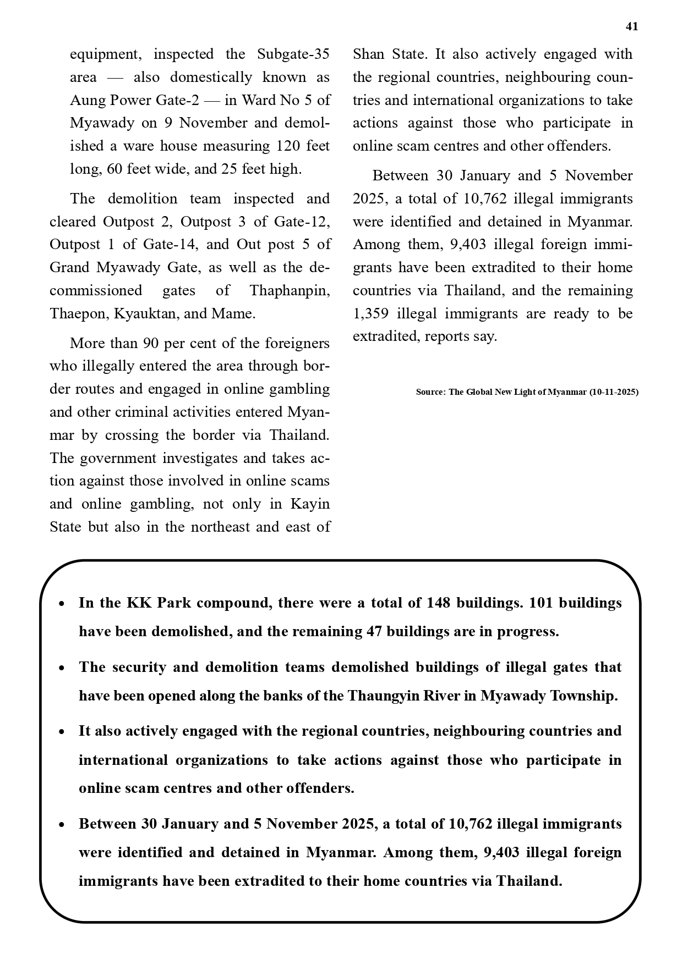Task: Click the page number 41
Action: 632,26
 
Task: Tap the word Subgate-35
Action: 293,54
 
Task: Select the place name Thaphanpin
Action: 289,290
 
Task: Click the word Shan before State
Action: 369,54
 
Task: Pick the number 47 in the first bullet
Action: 374,632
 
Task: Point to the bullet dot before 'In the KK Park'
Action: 62,604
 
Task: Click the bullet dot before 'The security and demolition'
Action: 62,668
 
